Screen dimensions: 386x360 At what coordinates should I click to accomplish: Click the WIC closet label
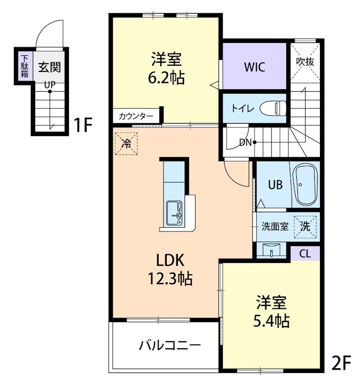click(x=254, y=67)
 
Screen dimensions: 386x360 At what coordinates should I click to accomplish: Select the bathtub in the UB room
click(x=306, y=185)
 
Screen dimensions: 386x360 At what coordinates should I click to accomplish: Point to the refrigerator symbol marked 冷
click(x=126, y=143)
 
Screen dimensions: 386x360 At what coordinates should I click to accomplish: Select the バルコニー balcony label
click(x=170, y=345)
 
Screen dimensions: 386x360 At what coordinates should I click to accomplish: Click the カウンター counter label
click(x=136, y=116)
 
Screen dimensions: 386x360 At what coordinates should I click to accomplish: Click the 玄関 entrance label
click(x=50, y=67)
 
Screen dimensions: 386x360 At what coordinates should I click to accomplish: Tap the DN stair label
click(x=245, y=142)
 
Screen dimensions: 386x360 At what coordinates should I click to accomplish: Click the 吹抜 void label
click(x=306, y=61)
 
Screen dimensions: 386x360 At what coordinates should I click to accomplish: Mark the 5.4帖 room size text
click(x=271, y=320)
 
